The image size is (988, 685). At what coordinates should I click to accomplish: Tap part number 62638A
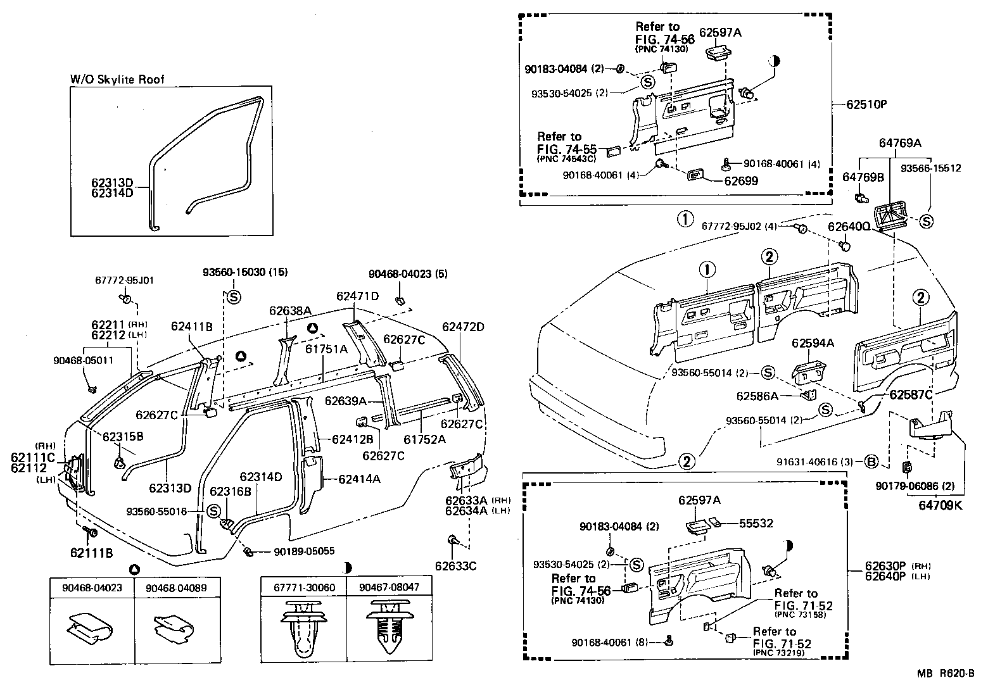[290, 311]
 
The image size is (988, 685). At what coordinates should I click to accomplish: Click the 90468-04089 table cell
[175, 587]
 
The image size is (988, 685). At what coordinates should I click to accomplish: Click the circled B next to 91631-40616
[871, 462]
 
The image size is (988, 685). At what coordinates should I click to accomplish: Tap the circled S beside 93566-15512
[927, 221]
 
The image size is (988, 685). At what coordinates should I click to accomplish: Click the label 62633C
[455, 565]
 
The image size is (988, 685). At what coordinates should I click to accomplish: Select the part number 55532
[757, 524]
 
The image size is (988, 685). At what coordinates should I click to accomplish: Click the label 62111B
[92, 553]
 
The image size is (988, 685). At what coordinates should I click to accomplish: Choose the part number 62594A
[813, 343]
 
